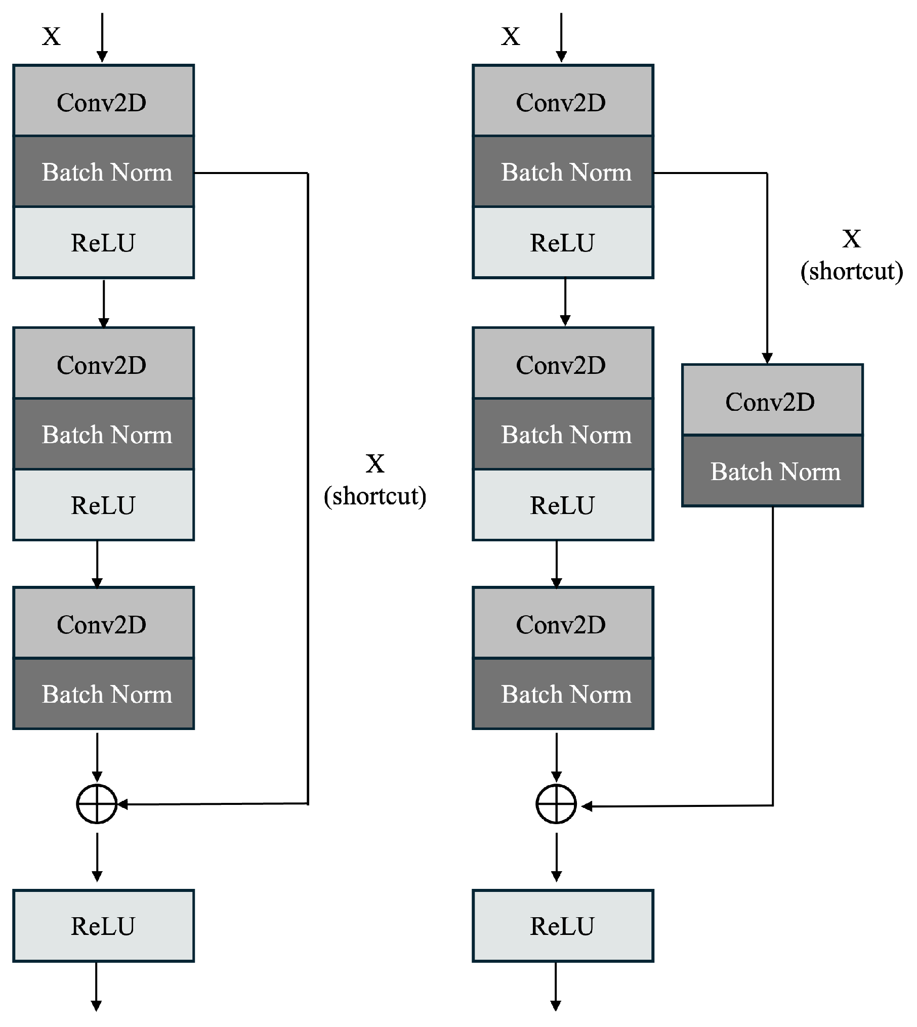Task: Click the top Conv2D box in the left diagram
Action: point(103,101)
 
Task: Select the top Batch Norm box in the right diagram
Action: point(563,172)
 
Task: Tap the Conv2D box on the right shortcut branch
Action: point(772,400)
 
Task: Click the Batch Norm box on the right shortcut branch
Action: point(772,471)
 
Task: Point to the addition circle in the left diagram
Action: point(97,804)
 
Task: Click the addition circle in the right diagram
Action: point(556,804)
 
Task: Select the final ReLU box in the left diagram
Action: point(103,926)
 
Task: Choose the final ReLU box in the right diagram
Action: point(563,926)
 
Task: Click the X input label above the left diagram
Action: point(51,36)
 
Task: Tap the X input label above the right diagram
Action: point(511,36)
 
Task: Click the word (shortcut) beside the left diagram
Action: point(375,496)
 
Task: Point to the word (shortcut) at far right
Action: point(852,271)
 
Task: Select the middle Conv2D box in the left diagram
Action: point(103,364)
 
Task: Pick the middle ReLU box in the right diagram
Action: point(563,505)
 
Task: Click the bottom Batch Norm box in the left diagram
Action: point(103,694)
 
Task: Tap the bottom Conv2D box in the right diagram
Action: point(563,624)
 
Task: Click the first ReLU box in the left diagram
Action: point(103,242)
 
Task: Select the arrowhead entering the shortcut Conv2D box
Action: point(767,358)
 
